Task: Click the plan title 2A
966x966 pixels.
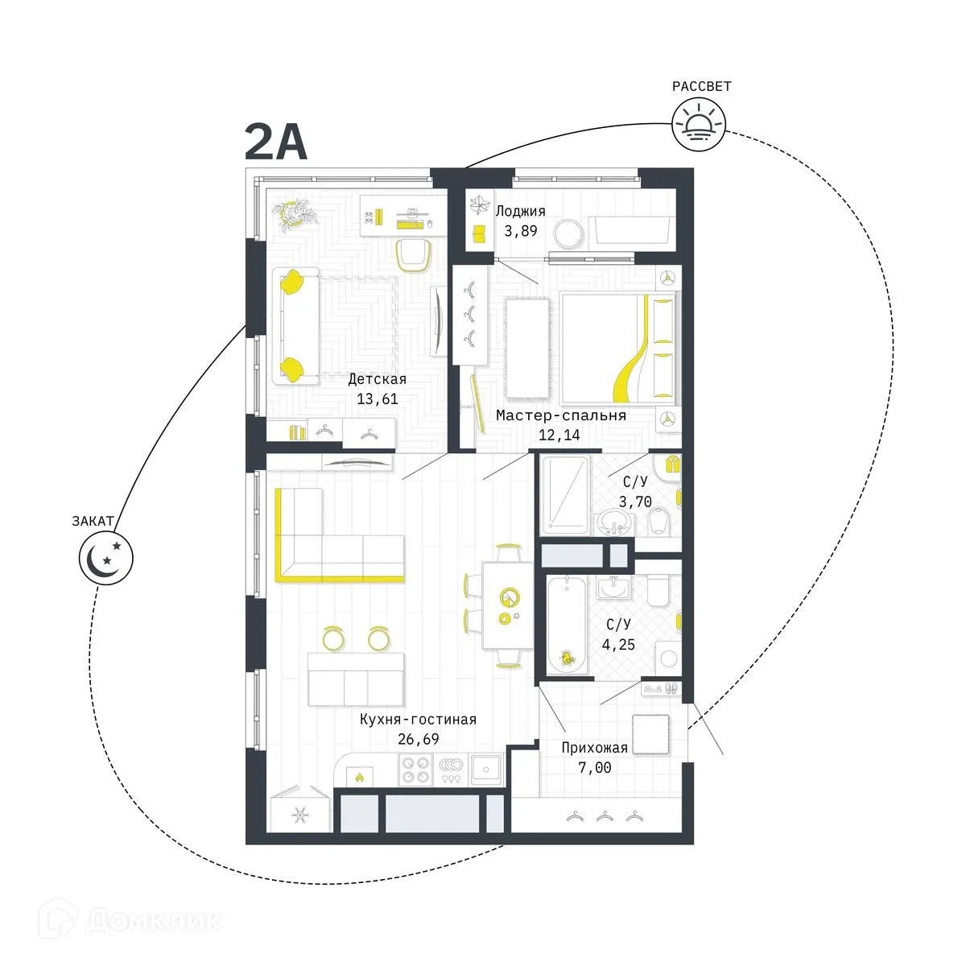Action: (x=276, y=144)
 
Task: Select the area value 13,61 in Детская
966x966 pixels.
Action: (x=377, y=398)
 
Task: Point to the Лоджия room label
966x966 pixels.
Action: (x=520, y=212)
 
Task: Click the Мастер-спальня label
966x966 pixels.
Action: (x=561, y=416)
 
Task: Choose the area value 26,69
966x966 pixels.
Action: (x=419, y=739)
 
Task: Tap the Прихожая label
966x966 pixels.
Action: (x=594, y=748)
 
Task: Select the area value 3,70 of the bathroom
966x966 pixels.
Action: (x=634, y=502)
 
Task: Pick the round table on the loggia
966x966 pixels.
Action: (x=572, y=233)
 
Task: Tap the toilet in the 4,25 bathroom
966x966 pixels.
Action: (x=658, y=592)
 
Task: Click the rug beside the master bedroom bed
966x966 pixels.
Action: (x=527, y=348)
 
